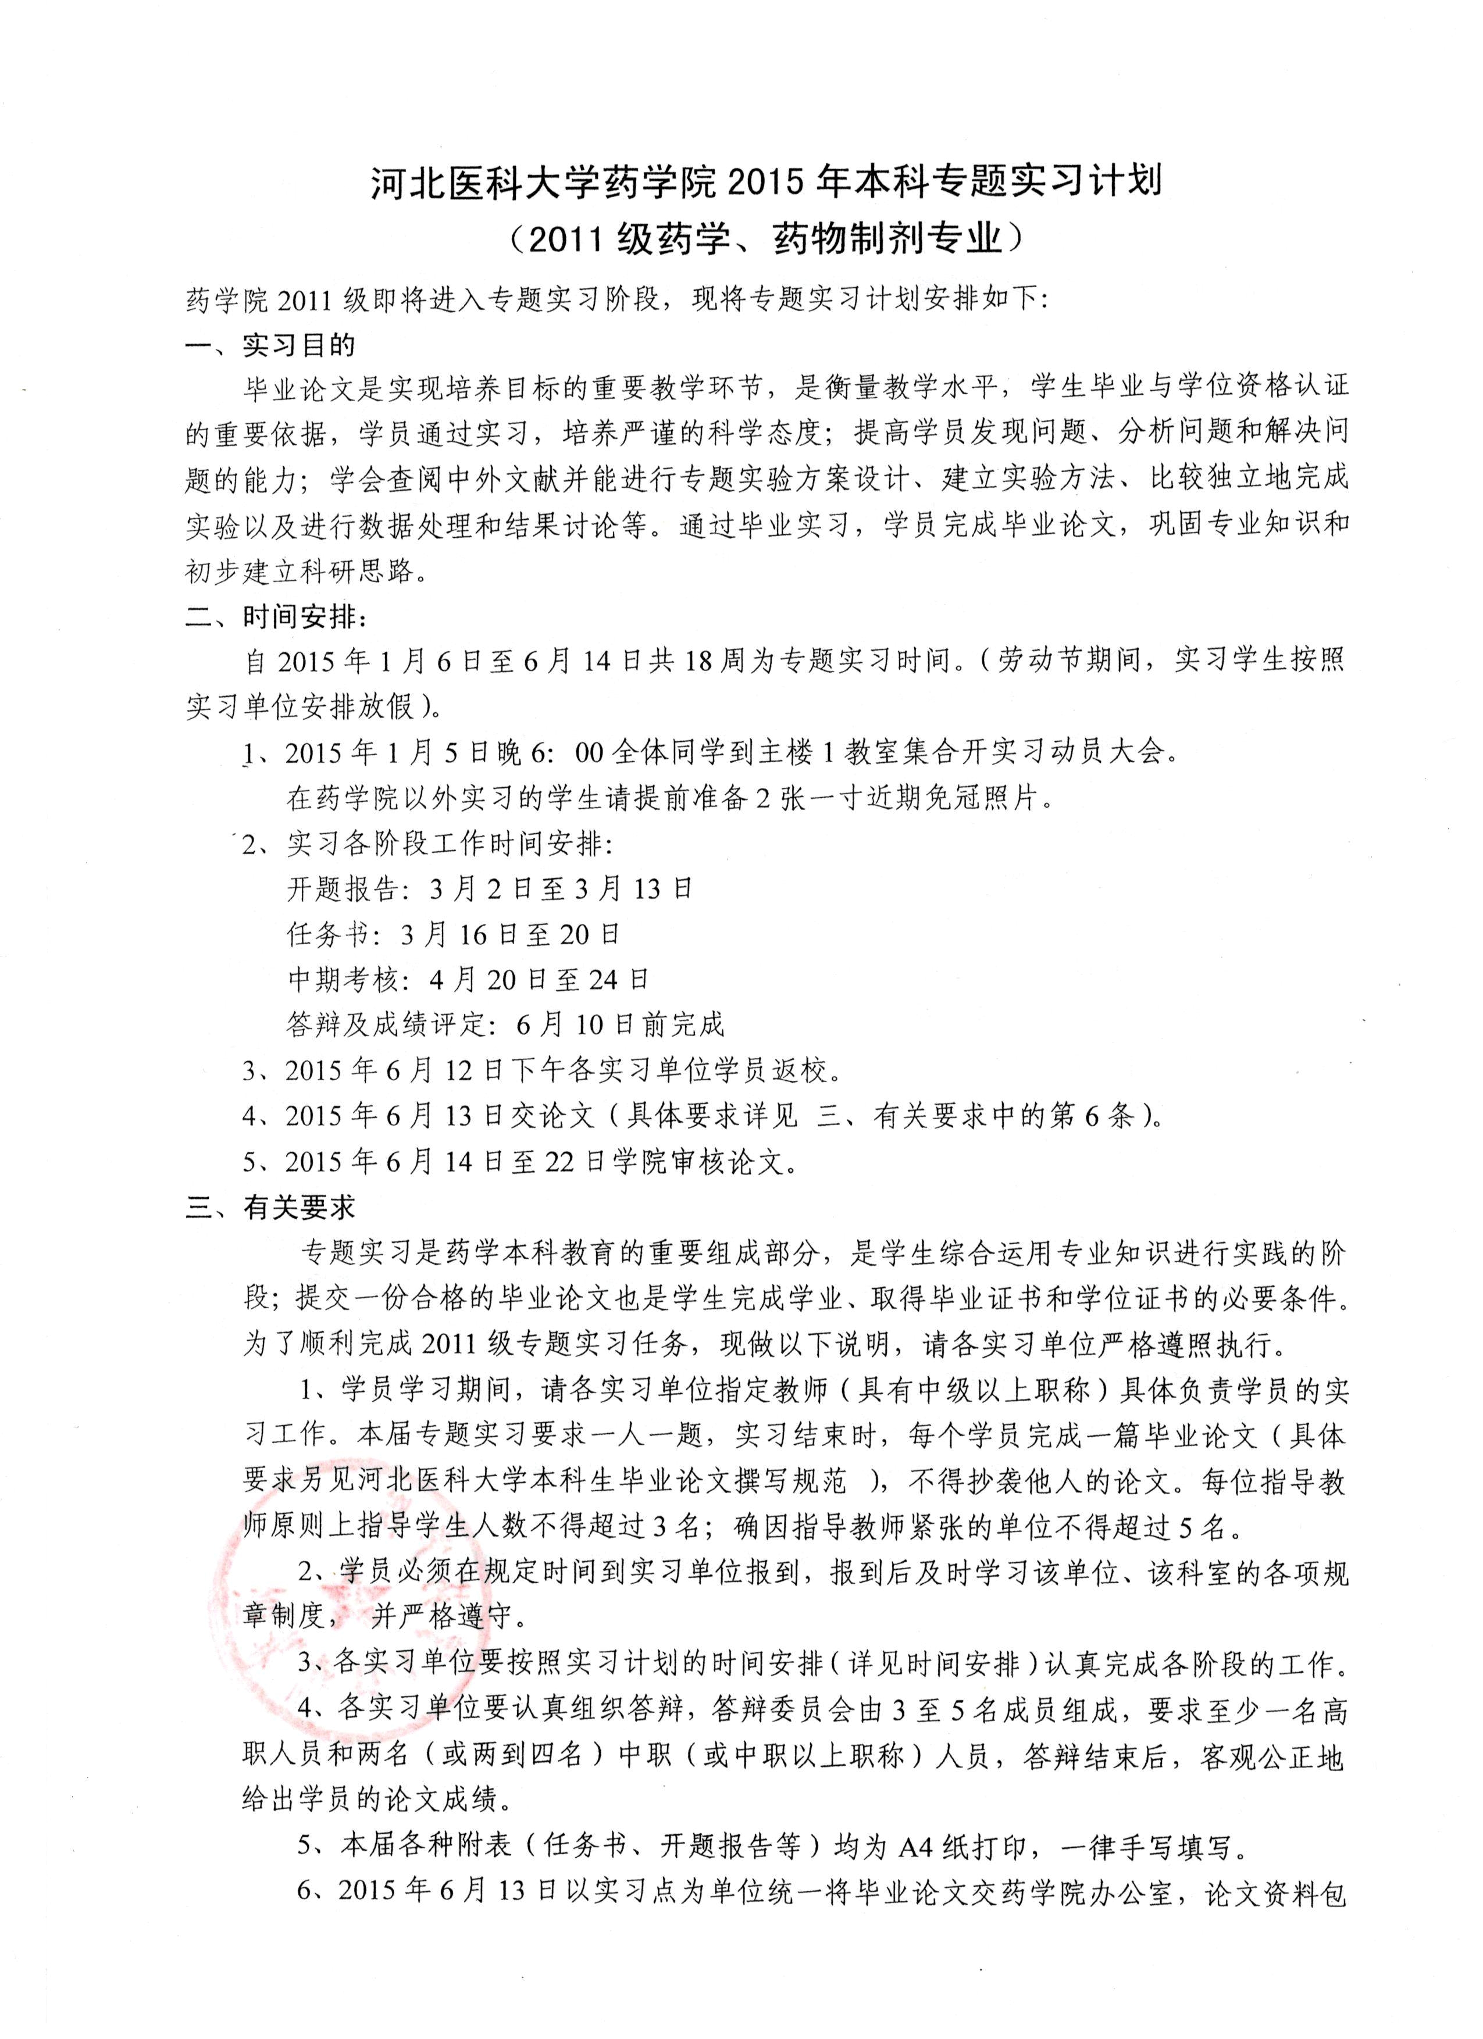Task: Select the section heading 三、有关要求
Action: click(x=270, y=1208)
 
